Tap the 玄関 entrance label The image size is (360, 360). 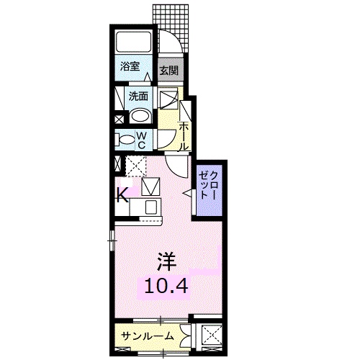coord(168,71)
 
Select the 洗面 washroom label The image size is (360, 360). coord(139,96)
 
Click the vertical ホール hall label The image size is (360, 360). coord(184,135)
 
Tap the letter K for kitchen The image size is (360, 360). coord(122,195)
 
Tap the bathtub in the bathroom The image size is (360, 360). coord(132,42)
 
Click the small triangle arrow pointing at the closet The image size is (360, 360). coord(187,192)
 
